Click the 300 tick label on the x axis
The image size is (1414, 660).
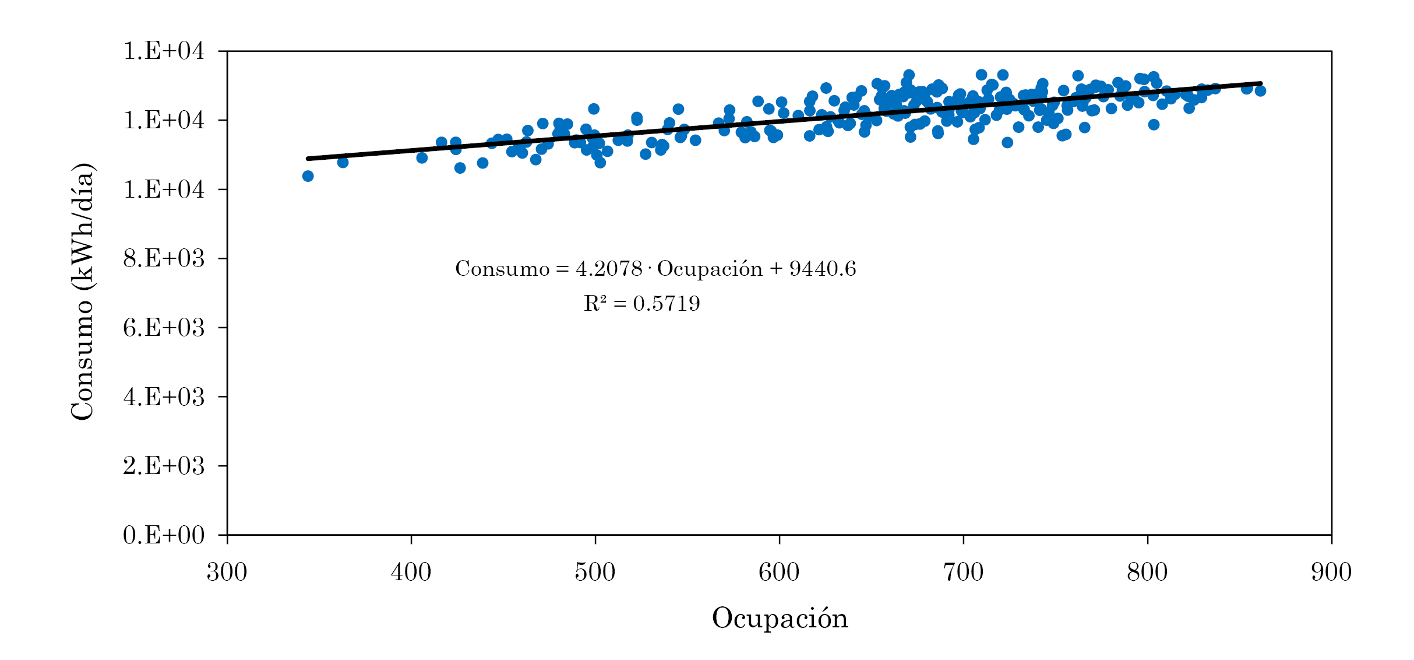(x=227, y=572)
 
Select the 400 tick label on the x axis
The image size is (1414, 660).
(x=411, y=572)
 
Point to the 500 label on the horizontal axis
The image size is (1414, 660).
(x=595, y=572)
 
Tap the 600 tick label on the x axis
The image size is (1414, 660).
(x=779, y=572)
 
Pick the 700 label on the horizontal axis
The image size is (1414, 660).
(x=963, y=572)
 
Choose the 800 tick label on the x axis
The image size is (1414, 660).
(x=1147, y=572)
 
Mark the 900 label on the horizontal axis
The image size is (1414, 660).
(x=1331, y=572)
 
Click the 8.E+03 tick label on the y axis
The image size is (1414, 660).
(x=164, y=258)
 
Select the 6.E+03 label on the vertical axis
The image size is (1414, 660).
(x=164, y=327)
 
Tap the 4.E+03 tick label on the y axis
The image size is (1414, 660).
(x=164, y=396)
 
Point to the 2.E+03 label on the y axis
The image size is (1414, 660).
(x=164, y=465)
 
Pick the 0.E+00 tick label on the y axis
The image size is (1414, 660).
(x=164, y=535)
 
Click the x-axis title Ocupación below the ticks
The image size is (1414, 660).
(x=780, y=618)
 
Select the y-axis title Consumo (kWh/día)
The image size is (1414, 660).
(x=82, y=292)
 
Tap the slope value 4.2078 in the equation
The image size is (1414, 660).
(x=609, y=269)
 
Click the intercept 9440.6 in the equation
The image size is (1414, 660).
(x=823, y=269)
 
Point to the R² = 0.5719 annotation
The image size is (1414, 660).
(x=641, y=303)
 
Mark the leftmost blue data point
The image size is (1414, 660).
(x=308, y=176)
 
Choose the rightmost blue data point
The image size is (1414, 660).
(x=1260, y=90)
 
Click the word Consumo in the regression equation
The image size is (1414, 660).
(x=502, y=269)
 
